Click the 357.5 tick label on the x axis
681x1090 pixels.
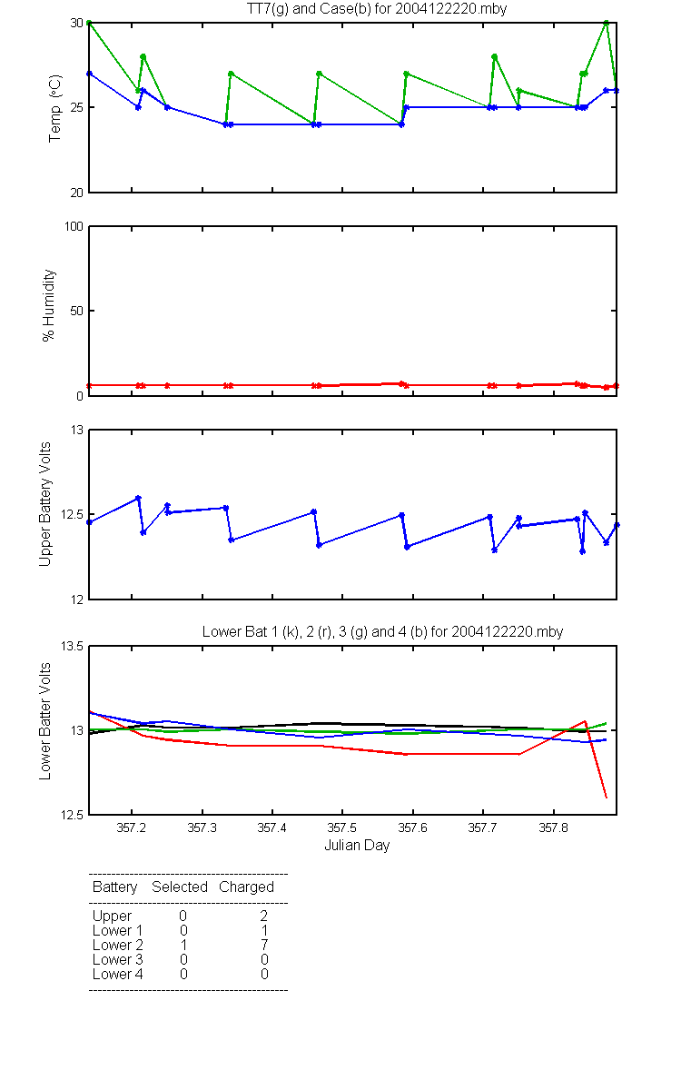pos(342,827)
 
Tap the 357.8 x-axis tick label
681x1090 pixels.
pos(553,827)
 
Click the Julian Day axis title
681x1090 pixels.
pos(357,846)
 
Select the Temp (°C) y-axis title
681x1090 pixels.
pos(55,108)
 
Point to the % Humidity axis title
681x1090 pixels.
pos(49,305)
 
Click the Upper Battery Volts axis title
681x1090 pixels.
pos(44,504)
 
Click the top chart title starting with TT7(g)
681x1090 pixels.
pos(377,9)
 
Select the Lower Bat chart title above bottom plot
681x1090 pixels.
pos(383,631)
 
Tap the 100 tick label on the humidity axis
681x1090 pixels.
pos(74,226)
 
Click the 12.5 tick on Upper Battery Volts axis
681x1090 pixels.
pos(72,514)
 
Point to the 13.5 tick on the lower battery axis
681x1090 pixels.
pos(72,646)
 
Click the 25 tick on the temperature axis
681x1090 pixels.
pos(77,107)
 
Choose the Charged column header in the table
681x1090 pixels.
pos(246,887)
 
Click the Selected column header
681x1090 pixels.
pos(180,887)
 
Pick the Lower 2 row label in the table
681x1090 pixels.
pos(118,945)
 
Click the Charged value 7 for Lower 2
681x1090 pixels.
pos(264,945)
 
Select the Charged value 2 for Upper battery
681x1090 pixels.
pos(263,916)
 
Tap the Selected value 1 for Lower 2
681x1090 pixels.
pos(183,945)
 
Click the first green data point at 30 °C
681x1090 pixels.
pos(89,23)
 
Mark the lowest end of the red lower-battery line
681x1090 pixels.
pos(607,798)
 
